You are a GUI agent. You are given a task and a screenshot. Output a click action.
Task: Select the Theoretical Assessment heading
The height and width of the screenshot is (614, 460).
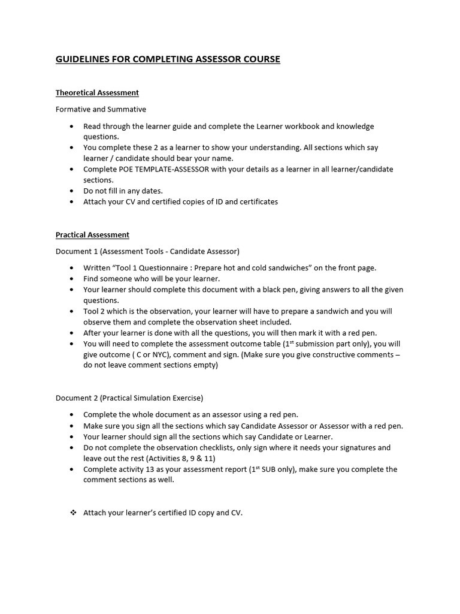[97, 93]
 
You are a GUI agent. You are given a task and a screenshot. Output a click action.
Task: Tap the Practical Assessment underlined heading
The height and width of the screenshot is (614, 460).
[92, 235]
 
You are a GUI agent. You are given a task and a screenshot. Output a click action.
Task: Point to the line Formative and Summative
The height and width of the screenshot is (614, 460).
[101, 110]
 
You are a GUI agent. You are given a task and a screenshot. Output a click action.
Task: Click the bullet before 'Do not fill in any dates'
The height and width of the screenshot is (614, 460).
[72, 191]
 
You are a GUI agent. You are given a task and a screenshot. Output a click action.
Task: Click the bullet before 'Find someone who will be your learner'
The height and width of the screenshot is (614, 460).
[72, 279]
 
